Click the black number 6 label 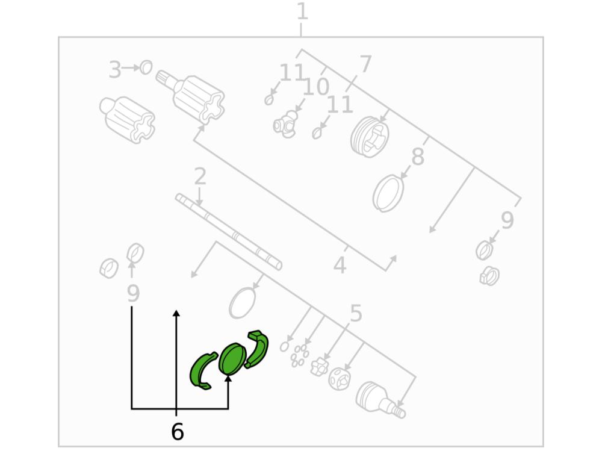177,431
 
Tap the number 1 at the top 303,11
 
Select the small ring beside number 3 146,67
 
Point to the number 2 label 200,176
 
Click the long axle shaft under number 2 229,232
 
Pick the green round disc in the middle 232,358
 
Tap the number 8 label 418,157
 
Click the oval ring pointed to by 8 388,193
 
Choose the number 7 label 365,64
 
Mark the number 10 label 315,87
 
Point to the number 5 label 356,313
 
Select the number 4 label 340,265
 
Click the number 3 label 115,70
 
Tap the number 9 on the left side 133,294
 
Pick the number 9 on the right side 507,220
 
